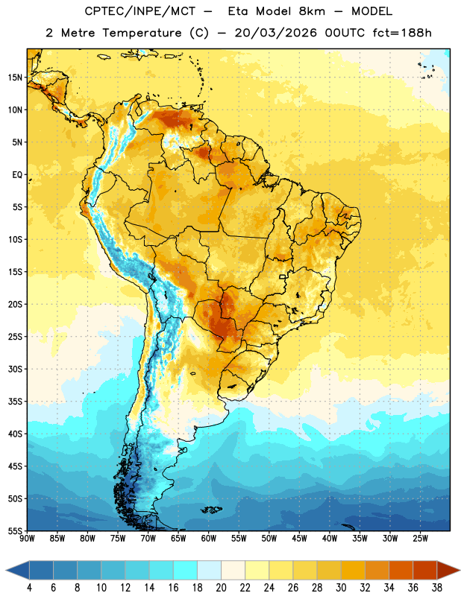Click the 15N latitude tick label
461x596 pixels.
[15, 77]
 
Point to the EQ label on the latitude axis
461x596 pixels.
[17, 175]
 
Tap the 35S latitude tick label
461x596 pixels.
[15, 402]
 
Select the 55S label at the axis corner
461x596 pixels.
[15, 530]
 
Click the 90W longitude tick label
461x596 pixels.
[27, 539]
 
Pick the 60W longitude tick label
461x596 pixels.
[209, 539]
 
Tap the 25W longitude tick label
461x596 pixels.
[420, 539]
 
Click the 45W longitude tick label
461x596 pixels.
[299, 539]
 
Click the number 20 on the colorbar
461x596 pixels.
[221, 588]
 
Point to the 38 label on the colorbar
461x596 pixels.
[436, 588]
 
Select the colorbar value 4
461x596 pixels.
[29, 588]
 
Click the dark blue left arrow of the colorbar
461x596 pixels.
[17, 570]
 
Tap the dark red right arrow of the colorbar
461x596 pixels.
[448, 570]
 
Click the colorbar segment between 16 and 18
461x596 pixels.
[186, 570]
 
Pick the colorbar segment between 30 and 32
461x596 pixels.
[353, 570]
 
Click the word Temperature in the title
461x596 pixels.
[142, 33]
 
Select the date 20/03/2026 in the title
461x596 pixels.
[275, 33]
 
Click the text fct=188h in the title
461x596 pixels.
[402, 33]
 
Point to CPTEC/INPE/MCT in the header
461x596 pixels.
[139, 11]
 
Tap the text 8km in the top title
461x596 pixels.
[312, 11]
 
